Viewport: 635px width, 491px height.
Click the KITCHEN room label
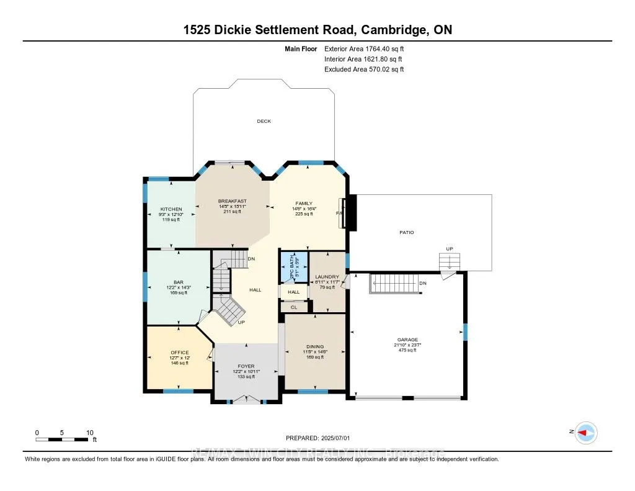(x=171, y=209)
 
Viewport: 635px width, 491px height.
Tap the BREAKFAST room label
(x=232, y=201)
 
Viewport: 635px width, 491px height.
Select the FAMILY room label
(x=304, y=204)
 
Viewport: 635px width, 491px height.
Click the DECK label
(x=264, y=121)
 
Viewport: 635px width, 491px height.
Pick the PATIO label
(x=406, y=232)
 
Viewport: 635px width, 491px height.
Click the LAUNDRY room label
(x=327, y=277)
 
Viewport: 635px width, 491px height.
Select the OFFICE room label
(x=179, y=353)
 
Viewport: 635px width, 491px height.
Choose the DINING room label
(x=315, y=347)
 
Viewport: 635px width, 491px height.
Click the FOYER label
(x=246, y=366)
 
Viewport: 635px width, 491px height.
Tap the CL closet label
(x=294, y=307)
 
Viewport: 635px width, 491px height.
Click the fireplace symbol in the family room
(x=350, y=213)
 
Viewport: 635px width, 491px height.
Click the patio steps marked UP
(x=449, y=263)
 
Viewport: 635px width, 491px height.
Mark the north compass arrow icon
(x=585, y=433)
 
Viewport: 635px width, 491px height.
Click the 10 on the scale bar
(x=90, y=432)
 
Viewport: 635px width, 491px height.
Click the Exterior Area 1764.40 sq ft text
(x=364, y=48)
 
